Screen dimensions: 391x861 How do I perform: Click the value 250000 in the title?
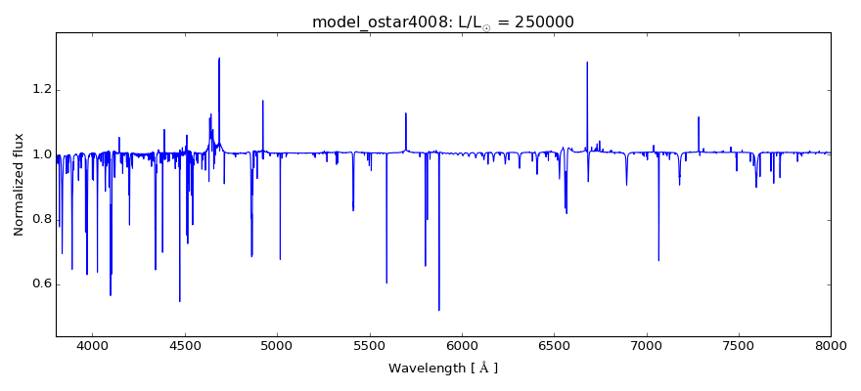[x=541, y=22]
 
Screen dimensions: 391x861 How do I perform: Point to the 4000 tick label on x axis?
[x=92, y=345]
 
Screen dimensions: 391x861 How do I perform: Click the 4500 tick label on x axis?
[x=185, y=345]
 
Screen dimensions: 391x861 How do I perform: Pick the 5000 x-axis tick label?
[x=277, y=345]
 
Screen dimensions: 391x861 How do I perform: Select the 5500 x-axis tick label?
[x=370, y=345]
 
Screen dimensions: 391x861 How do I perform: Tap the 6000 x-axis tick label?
[x=462, y=345]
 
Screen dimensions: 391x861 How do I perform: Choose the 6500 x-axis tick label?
[x=554, y=345]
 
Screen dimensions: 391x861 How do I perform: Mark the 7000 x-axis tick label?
[x=647, y=345]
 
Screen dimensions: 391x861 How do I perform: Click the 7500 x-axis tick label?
[x=739, y=345]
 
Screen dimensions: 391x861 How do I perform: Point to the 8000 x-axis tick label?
[x=831, y=345]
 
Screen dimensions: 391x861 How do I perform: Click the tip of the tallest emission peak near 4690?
[x=219, y=58]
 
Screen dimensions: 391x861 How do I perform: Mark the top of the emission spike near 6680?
[x=587, y=63]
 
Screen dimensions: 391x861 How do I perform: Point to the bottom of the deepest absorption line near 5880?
[x=439, y=310]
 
